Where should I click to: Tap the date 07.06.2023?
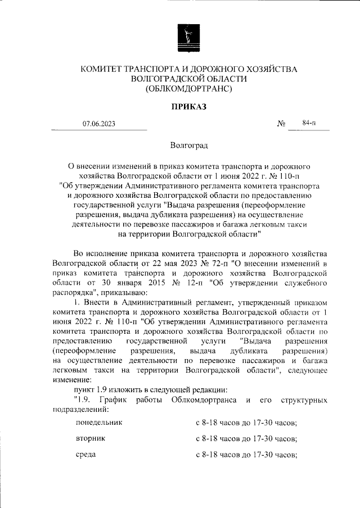tap(99, 124)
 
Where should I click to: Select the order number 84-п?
tap(309, 123)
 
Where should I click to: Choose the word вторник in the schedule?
tap(89, 438)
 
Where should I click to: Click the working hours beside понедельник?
tap(246, 422)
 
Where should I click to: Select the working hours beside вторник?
tap(246, 438)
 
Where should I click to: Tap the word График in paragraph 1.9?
tap(113, 400)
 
